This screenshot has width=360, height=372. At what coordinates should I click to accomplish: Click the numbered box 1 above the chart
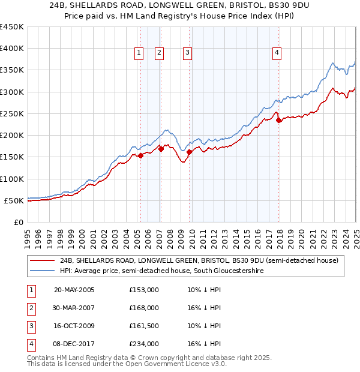click(x=139, y=53)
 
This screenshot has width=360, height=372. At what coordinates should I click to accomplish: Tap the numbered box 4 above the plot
click(x=277, y=53)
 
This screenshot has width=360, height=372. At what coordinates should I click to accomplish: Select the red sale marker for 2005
click(x=140, y=155)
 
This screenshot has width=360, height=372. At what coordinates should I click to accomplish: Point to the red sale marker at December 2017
click(x=278, y=120)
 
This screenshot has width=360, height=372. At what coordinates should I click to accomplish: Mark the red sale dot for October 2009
click(x=189, y=152)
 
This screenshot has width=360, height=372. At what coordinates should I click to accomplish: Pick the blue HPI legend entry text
click(x=161, y=271)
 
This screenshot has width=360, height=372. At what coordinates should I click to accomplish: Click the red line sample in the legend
click(x=43, y=260)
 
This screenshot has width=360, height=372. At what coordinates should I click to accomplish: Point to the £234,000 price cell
click(x=144, y=344)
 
